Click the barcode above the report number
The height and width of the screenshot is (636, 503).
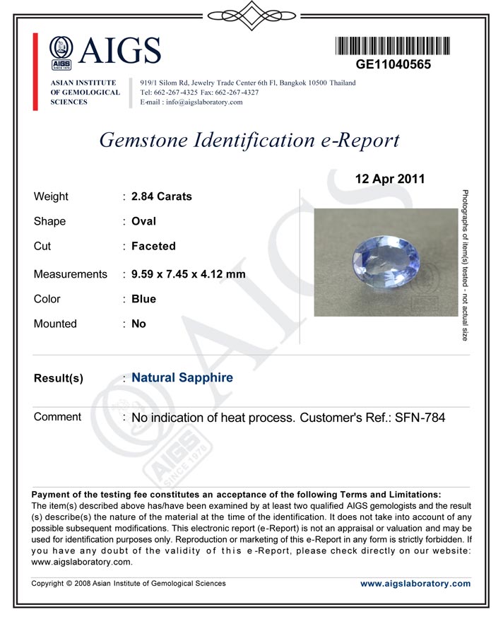392,45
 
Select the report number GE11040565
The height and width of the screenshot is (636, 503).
393,64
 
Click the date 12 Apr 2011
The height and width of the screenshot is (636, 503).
390,179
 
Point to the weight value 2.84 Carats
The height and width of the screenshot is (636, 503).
162,196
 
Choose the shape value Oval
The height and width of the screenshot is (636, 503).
143,221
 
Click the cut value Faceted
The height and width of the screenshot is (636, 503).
153,247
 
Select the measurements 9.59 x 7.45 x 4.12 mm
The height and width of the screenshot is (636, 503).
189,274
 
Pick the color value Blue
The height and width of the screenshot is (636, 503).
143,299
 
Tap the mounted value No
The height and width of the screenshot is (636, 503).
138,324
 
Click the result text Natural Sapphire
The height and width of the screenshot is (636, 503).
182,378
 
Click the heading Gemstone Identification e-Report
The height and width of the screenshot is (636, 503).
249,140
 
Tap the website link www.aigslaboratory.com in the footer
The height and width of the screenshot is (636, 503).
415,584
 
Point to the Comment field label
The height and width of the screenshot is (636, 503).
57,417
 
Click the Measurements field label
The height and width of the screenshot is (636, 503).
71,274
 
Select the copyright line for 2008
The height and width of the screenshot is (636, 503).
129,584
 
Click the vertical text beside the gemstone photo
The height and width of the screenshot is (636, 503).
465,265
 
